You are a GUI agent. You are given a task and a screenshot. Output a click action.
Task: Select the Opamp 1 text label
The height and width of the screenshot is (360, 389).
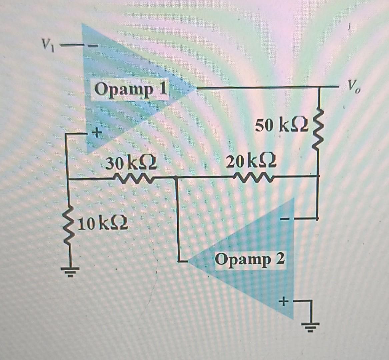click(x=130, y=90)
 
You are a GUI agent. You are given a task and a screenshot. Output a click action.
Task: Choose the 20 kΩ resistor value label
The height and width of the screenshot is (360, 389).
click(x=251, y=162)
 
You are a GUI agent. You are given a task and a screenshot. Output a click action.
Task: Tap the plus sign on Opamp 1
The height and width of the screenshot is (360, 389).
click(x=96, y=133)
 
